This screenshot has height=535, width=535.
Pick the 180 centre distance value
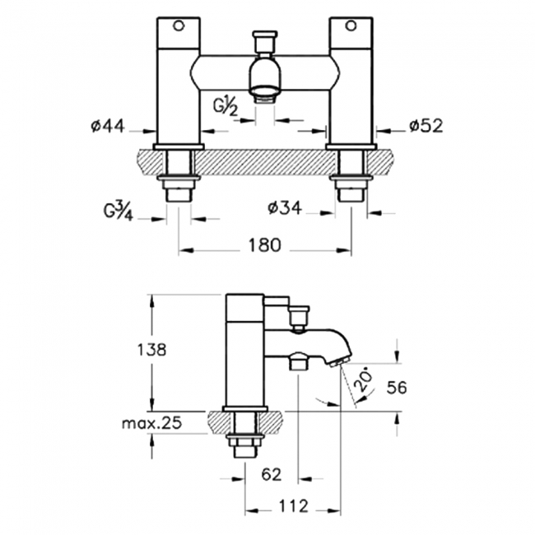tap(264, 245)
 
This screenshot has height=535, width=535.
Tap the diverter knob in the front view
tap(264, 40)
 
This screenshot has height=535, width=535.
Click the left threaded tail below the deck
tap(179, 191)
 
